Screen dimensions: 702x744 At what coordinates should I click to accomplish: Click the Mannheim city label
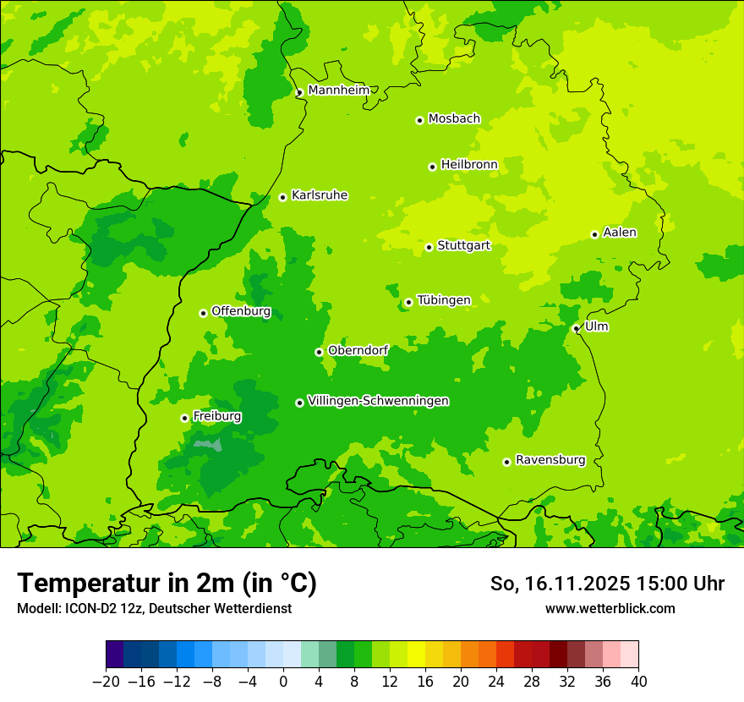click(338, 90)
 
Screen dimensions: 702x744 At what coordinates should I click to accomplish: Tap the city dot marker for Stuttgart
click(429, 247)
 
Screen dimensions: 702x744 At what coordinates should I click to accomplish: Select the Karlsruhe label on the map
click(320, 195)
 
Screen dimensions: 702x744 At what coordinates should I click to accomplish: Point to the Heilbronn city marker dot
click(432, 167)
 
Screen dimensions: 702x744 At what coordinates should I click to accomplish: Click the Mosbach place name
click(454, 119)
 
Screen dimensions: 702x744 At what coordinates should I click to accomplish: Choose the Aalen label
click(620, 233)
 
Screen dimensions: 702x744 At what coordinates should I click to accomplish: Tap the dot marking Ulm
click(576, 328)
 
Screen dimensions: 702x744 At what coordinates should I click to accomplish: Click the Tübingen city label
click(444, 300)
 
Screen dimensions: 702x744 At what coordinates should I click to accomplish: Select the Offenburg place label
click(241, 311)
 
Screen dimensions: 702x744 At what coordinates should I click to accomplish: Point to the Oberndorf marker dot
click(319, 352)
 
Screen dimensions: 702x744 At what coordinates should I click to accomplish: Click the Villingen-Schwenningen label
click(378, 401)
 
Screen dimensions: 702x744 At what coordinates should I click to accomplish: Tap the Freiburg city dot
click(184, 418)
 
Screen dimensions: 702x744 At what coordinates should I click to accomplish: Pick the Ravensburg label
click(550, 460)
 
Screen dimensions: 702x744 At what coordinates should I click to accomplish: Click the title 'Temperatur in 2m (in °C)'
click(167, 583)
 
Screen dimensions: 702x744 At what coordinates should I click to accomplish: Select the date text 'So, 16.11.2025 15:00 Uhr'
click(607, 584)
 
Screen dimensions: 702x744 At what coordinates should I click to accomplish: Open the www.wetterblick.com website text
click(610, 608)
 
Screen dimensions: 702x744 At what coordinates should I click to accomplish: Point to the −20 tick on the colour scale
click(106, 682)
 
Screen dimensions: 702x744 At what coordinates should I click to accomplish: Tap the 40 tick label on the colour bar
click(638, 682)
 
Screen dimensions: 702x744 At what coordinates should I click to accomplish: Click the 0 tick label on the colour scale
click(283, 682)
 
